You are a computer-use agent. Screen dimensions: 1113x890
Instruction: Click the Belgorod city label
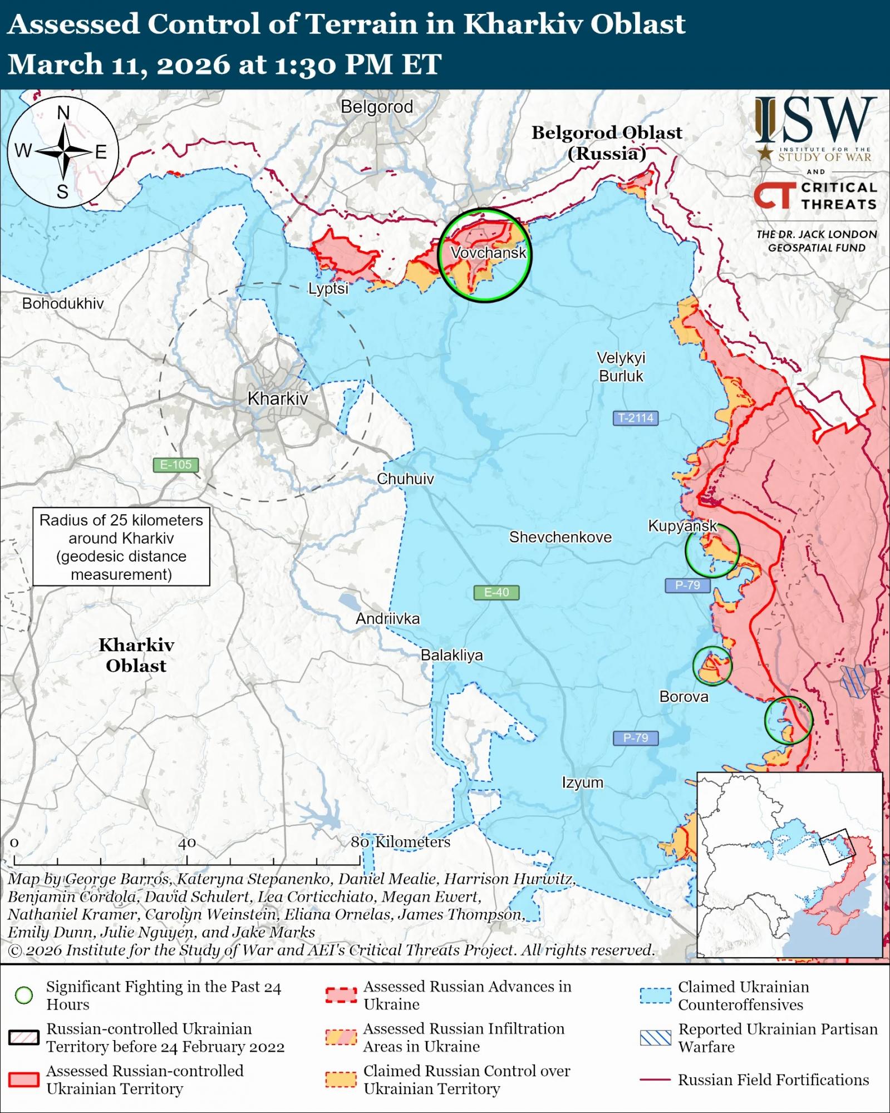377,107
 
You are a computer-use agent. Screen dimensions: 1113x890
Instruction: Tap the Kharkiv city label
277,398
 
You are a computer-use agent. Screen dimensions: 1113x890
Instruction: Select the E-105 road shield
175,465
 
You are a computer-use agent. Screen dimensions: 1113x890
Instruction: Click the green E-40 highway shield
496,592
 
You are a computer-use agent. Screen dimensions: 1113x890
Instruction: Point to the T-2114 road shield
636,418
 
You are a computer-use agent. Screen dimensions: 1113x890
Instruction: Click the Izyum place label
582,782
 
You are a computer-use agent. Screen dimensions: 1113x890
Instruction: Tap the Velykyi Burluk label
621,367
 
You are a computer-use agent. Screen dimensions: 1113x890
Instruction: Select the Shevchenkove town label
560,537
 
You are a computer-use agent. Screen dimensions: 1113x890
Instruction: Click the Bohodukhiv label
63,303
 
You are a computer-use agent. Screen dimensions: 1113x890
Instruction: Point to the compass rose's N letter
63,113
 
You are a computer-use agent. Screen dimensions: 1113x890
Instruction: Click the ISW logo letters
816,120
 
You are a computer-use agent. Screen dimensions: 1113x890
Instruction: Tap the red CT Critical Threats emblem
774,195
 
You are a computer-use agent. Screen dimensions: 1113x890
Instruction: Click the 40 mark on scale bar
187,843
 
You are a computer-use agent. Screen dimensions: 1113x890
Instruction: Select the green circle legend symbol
23,996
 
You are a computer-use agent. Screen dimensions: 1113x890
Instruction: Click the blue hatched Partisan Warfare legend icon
655,1038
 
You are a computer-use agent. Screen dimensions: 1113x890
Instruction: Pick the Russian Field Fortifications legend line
655,1080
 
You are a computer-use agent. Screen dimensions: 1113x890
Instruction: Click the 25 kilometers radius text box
121,546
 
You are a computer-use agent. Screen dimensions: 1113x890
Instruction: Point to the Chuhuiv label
405,479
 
